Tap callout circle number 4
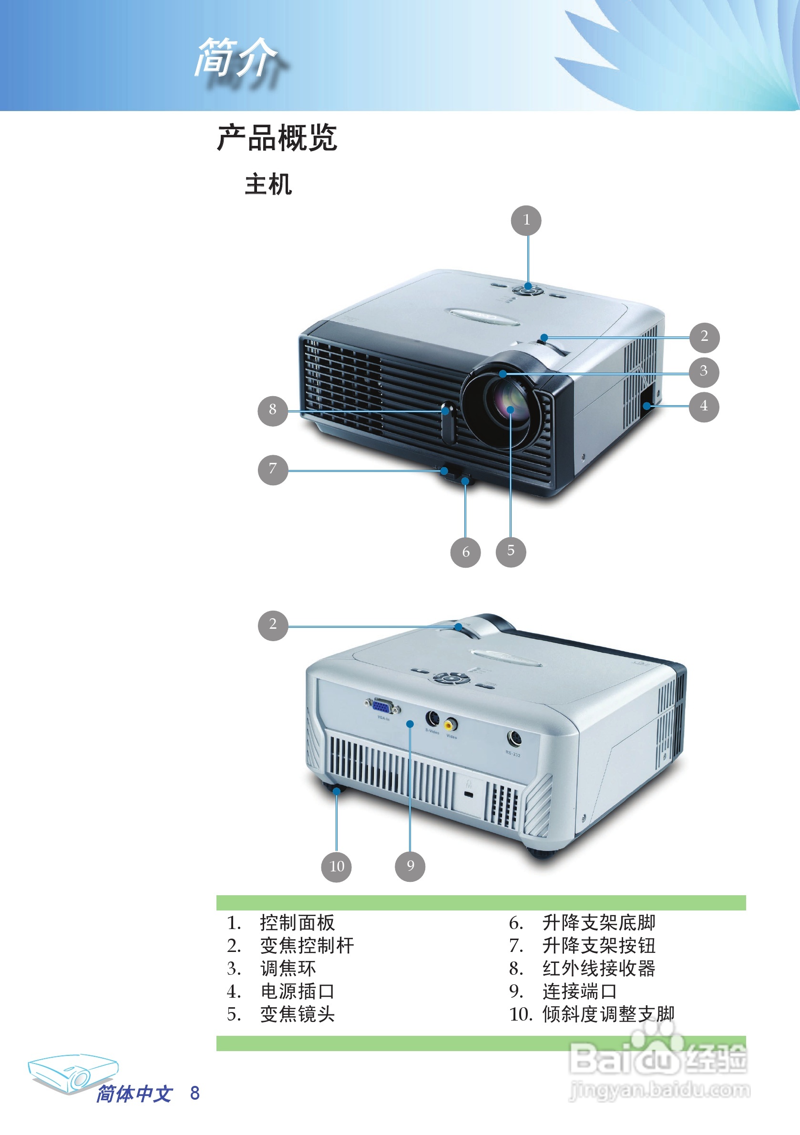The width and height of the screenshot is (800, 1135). [x=704, y=407]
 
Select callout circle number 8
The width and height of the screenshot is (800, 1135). [x=272, y=410]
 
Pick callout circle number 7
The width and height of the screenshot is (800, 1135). [x=272, y=470]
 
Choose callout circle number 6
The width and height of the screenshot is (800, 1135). [x=465, y=552]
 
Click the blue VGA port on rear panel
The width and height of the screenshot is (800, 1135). [x=383, y=706]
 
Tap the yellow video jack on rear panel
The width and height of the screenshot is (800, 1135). [x=450, y=725]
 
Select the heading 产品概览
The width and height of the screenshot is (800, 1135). [x=277, y=138]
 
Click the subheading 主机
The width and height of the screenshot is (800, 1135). [x=268, y=185]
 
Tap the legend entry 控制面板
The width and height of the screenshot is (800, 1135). [x=297, y=923]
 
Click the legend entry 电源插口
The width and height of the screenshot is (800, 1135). [x=297, y=991]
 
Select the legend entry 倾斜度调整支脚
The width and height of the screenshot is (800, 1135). [x=608, y=1014]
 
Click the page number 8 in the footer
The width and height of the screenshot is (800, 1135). [x=195, y=1093]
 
